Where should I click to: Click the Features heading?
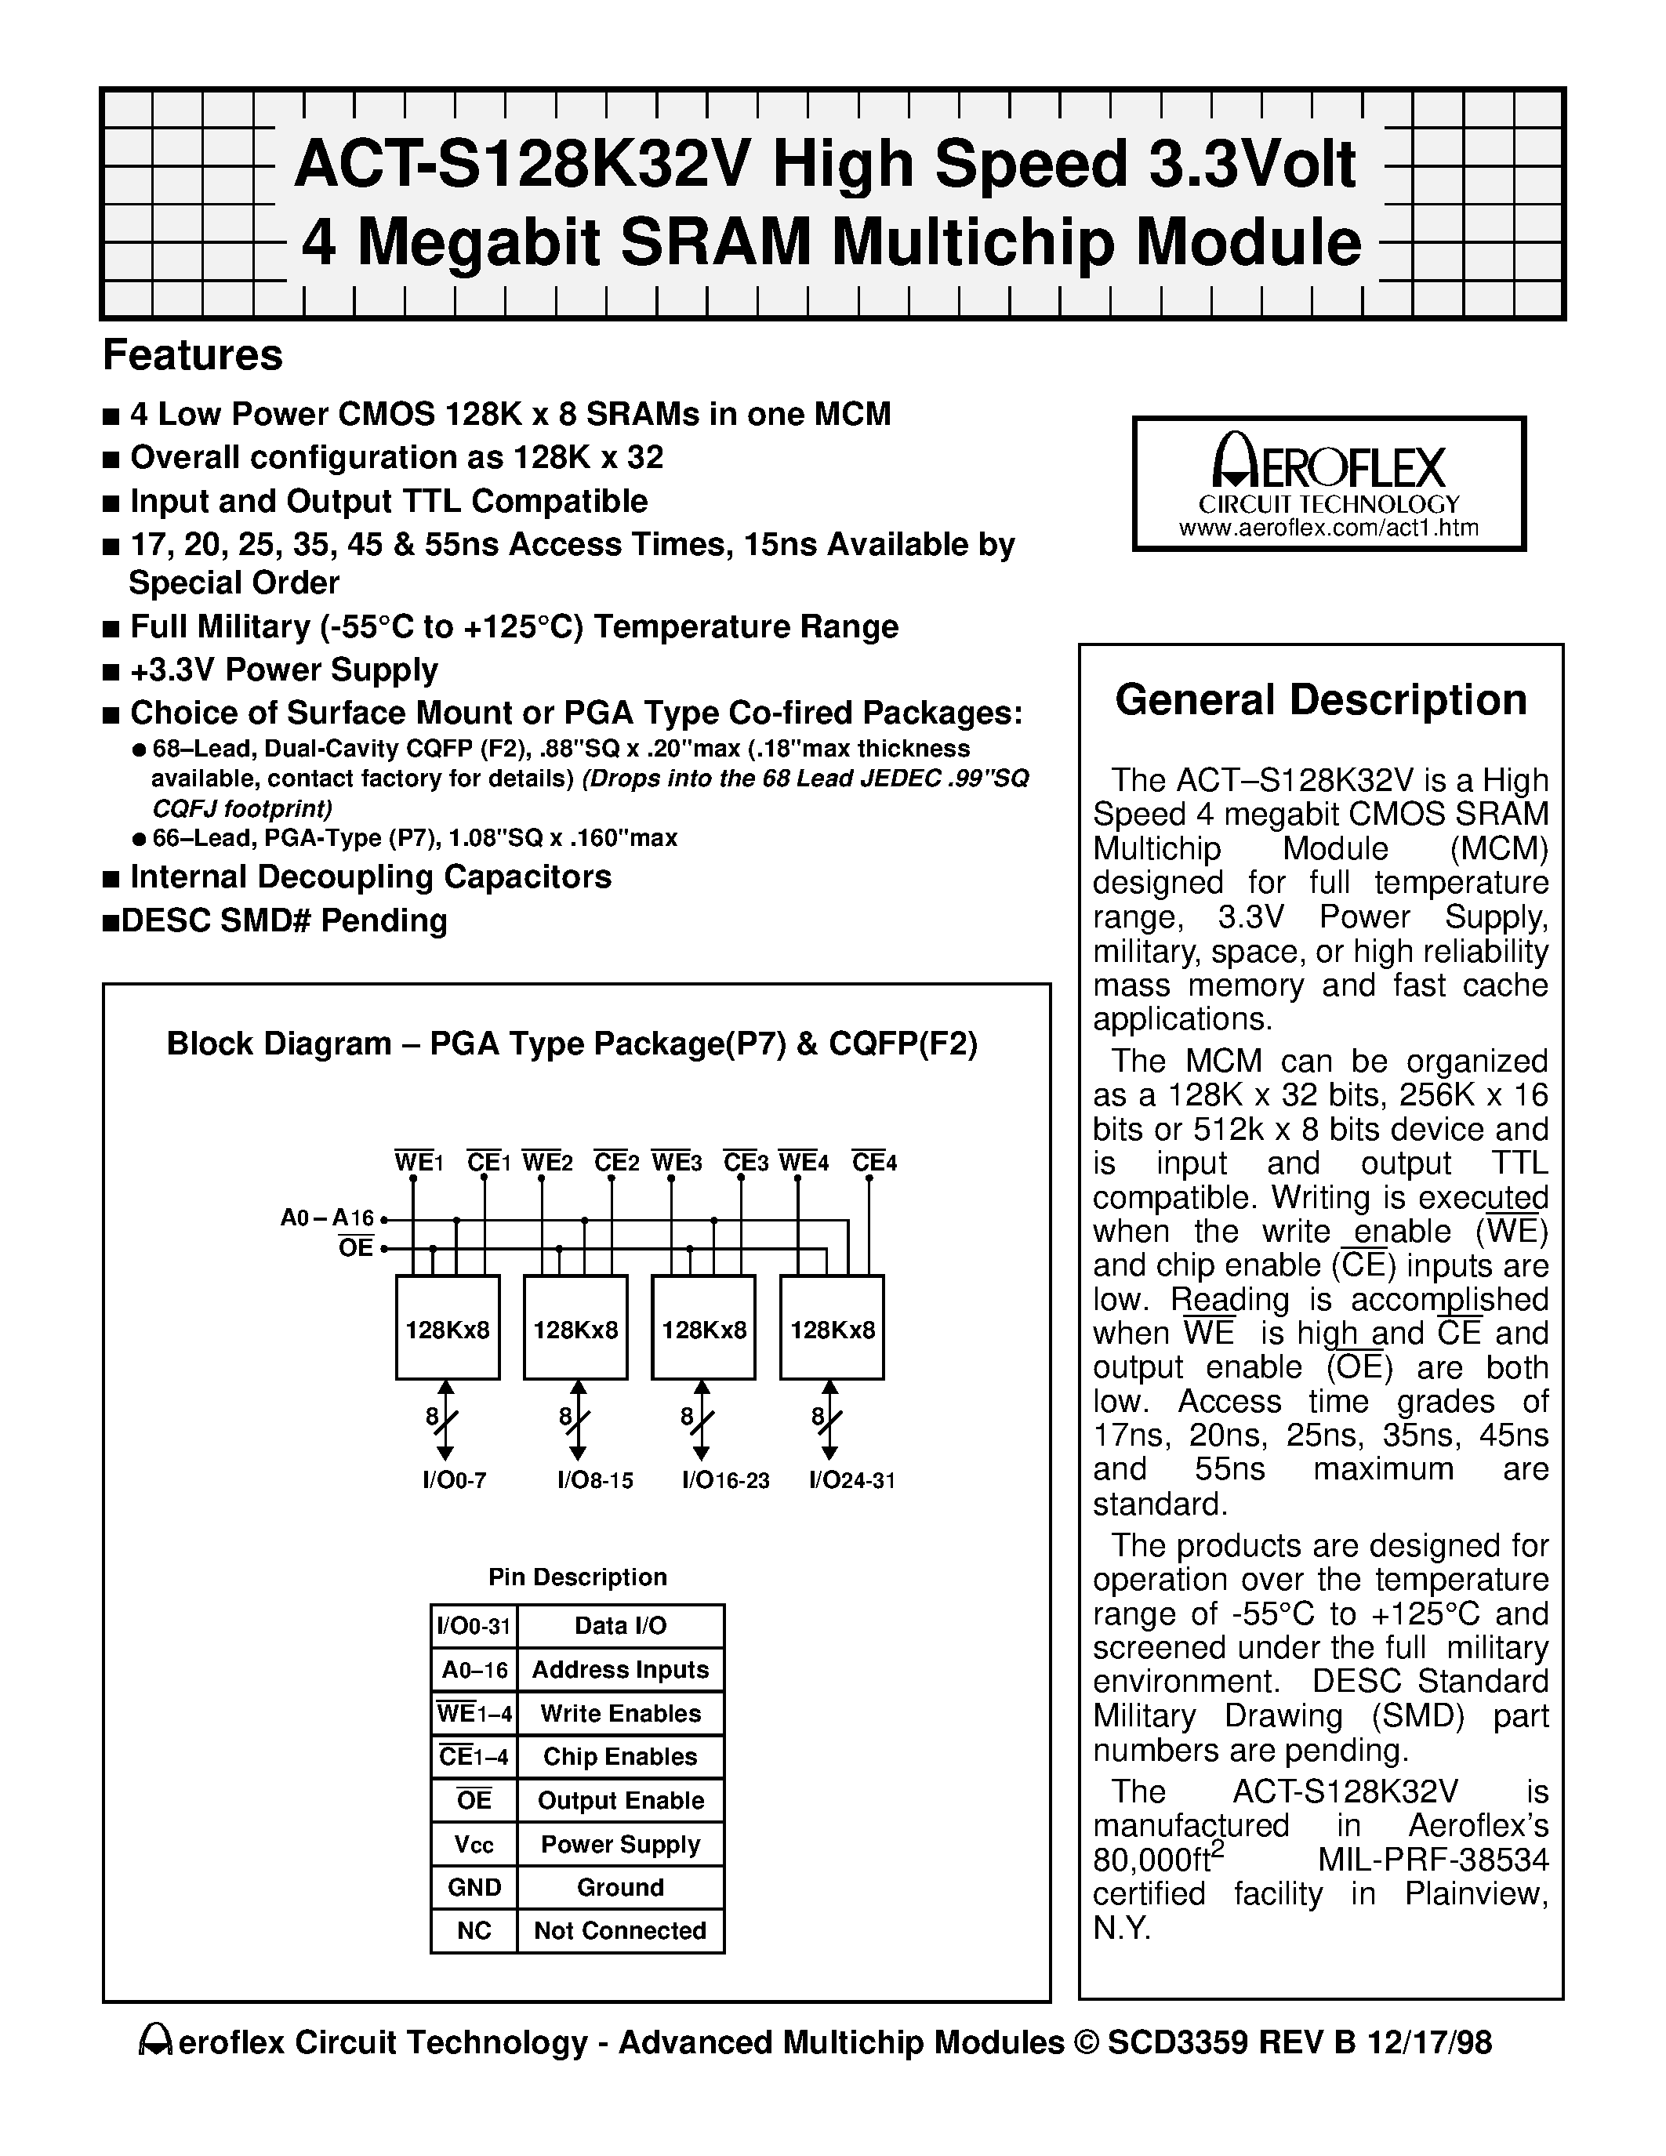point(192,355)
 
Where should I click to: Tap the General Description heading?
point(1320,700)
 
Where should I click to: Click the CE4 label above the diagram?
point(873,1162)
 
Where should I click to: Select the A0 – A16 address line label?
point(327,1218)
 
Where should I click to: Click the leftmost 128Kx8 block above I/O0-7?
point(447,1329)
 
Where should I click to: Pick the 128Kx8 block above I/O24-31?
point(832,1329)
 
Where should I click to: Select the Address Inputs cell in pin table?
point(620,1670)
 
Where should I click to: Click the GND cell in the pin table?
point(474,1888)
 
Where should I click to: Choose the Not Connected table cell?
point(620,1931)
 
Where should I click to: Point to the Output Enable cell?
point(620,1801)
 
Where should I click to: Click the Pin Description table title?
point(577,1577)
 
